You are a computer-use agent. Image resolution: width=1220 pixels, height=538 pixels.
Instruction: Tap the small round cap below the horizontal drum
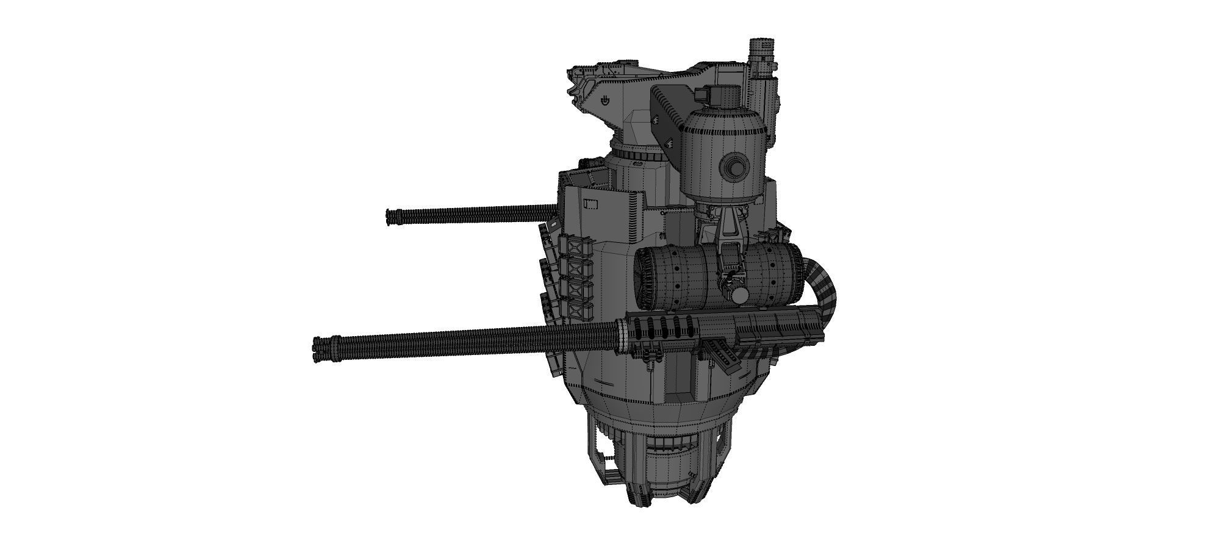point(740,296)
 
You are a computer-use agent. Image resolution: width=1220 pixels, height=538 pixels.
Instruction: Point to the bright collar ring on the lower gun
point(622,336)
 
